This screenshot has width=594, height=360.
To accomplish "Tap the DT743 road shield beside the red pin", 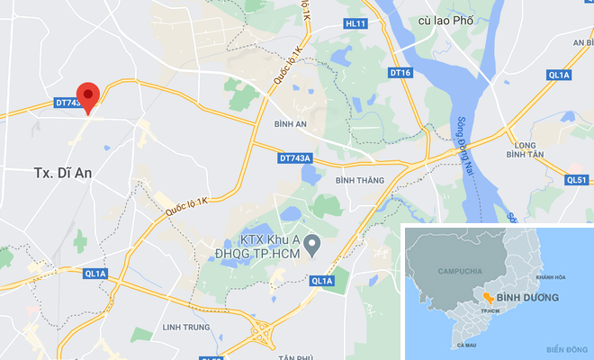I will (67, 104).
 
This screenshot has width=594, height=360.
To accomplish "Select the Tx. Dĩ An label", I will (63, 171).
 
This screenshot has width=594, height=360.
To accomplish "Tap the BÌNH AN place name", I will (290, 123).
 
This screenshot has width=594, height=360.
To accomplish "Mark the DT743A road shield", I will (294, 157).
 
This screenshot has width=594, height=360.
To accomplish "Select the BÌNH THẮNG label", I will (359, 181).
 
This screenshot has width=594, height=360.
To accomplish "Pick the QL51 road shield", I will (577, 179).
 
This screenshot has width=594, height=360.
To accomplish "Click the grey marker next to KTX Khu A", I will (312, 243).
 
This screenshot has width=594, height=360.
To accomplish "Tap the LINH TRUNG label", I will (186, 326).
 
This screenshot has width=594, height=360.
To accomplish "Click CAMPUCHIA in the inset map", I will (458, 270).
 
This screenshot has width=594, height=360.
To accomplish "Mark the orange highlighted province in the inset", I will (486, 297).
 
